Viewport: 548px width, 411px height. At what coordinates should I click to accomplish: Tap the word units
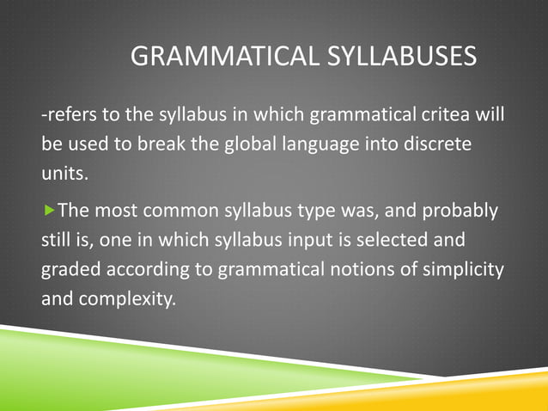[64, 173]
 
